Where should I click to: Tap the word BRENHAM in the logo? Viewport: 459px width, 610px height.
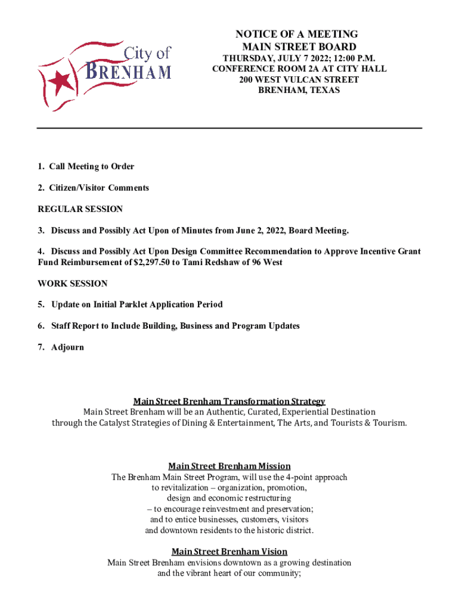pyautogui.click(x=129, y=71)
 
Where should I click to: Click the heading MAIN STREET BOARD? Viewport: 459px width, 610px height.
pyautogui.click(x=299, y=46)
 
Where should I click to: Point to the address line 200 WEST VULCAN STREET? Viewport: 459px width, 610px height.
pyautogui.click(x=299, y=79)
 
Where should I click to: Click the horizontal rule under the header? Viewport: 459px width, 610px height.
pyautogui.click(x=229, y=128)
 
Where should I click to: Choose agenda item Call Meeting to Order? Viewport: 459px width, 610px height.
pyautogui.click(x=91, y=166)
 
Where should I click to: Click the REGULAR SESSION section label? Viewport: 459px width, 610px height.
pyautogui.click(x=80, y=209)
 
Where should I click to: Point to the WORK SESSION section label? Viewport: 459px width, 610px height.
pyautogui.click(x=73, y=284)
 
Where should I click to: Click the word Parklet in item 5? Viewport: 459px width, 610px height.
pyautogui.click(x=121, y=304)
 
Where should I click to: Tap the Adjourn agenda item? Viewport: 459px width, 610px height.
pyautogui.click(x=67, y=347)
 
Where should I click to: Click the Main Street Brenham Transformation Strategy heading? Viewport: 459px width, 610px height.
pyautogui.click(x=229, y=401)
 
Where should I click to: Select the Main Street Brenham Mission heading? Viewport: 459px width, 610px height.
pyautogui.click(x=229, y=466)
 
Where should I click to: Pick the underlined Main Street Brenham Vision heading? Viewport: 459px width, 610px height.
pyautogui.click(x=229, y=552)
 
